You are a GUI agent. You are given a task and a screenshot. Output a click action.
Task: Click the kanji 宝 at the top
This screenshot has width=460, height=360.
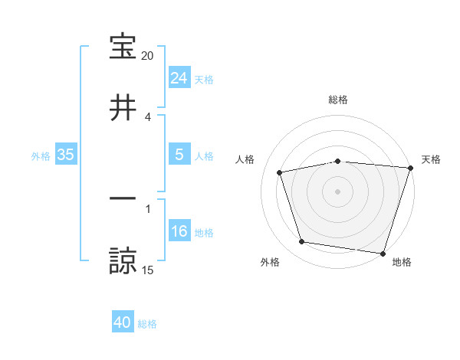tap(123, 47)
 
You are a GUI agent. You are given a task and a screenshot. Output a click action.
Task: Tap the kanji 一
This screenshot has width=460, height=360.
tap(123, 200)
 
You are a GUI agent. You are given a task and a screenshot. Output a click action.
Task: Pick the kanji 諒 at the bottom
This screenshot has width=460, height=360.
tap(123, 260)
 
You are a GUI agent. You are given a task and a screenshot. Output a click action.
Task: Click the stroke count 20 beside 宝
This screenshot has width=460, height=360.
tap(147, 56)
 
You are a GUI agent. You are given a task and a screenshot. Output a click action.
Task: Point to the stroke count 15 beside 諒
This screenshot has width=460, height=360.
tap(147, 270)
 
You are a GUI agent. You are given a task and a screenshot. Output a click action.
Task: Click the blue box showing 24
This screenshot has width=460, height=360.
tap(179, 78)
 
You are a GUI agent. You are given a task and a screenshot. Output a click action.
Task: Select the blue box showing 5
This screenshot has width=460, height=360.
tap(179, 155)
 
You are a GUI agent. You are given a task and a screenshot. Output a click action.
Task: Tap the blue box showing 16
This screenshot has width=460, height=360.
tap(179, 231)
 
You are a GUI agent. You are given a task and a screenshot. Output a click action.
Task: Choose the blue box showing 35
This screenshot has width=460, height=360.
tap(65, 155)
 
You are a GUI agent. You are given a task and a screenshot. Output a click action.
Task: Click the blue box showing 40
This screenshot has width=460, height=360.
tap(123, 323)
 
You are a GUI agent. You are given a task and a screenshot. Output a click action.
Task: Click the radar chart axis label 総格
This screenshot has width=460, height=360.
tap(338, 100)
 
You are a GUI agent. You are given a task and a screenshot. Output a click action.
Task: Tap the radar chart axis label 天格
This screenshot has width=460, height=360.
tap(431, 159)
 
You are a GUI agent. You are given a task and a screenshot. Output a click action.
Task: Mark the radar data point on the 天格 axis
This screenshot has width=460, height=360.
tap(410, 168)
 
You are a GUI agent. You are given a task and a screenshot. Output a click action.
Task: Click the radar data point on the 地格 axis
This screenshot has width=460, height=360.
tap(383, 253)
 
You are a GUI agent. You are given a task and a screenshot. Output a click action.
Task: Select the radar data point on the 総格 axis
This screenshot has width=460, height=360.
tap(338, 161)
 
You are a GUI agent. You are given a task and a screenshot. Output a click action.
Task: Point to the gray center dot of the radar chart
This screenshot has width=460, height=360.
tap(338, 191)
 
